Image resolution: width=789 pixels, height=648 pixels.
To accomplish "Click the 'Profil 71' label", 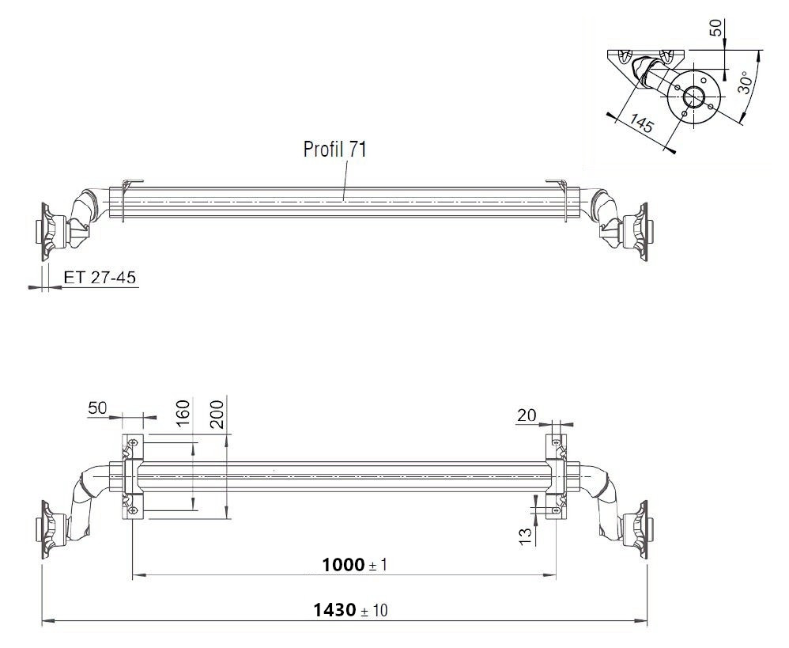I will pyautogui.click(x=334, y=150).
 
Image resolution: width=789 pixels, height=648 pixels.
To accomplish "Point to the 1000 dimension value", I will pyautogui.click(x=344, y=564).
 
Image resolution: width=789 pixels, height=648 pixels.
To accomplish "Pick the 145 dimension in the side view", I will pyautogui.click(x=642, y=125).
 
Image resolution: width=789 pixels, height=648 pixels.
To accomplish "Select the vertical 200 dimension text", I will pyautogui.click(x=217, y=414).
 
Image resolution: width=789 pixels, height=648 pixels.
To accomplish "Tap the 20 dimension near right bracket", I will pyautogui.click(x=527, y=415).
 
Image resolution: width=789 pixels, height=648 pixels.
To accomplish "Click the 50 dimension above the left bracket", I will pyautogui.click(x=97, y=408).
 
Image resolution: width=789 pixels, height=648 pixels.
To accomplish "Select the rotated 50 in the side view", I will pyautogui.click(x=715, y=27).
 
